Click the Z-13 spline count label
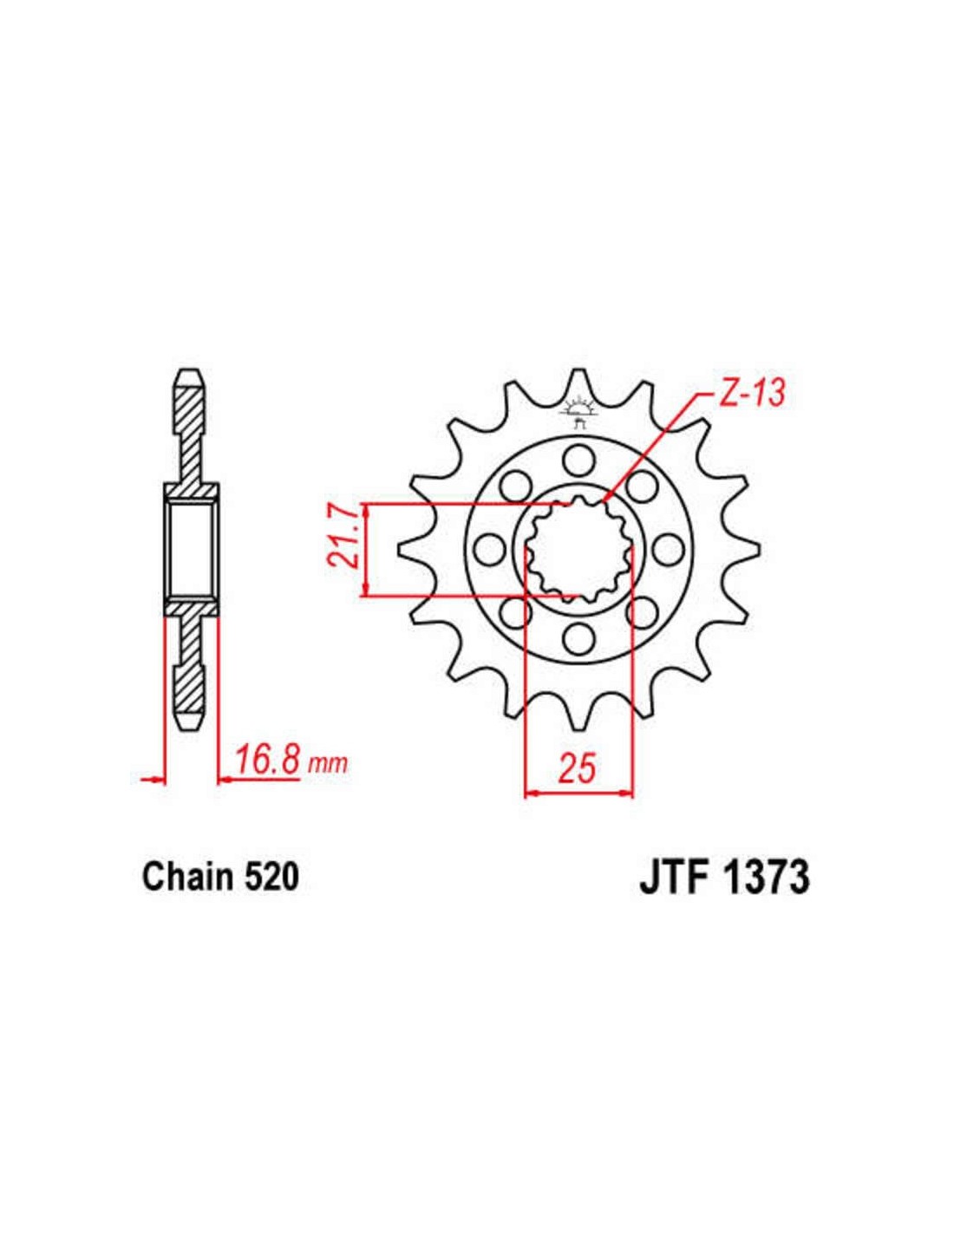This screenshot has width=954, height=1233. pyautogui.click(x=751, y=394)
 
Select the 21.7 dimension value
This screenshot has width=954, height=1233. pyautogui.click(x=344, y=549)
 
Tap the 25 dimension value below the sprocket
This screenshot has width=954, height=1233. pyautogui.click(x=578, y=767)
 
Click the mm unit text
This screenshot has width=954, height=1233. pyautogui.click(x=329, y=764)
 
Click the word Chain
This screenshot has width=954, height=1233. pyautogui.click(x=188, y=877)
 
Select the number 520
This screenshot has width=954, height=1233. pyautogui.click(x=271, y=877)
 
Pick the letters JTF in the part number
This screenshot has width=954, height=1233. pyautogui.click(x=674, y=877)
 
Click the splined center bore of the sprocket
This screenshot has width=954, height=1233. pyautogui.click(x=579, y=550)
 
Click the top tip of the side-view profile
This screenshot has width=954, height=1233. pyautogui.click(x=190, y=377)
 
